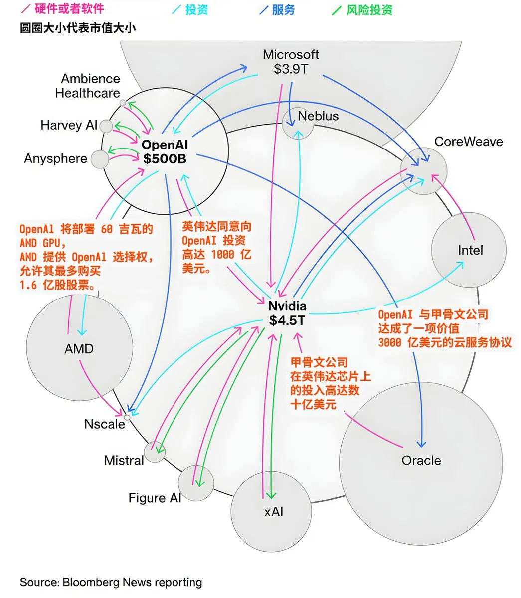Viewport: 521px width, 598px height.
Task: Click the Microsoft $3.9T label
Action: [291, 62]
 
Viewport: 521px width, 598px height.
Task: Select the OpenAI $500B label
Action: [165, 151]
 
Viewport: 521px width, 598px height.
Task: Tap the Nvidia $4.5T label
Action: [287, 313]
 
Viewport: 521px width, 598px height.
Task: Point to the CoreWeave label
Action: [468, 142]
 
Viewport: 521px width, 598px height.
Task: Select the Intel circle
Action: [469, 250]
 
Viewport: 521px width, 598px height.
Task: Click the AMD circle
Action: [79, 348]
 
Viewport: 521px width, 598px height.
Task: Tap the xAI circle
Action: [271, 512]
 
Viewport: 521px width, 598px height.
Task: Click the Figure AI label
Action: [155, 498]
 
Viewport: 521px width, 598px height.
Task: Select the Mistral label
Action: [124, 460]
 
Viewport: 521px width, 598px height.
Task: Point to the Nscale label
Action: [105, 424]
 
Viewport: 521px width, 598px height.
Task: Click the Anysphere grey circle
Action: [100, 159]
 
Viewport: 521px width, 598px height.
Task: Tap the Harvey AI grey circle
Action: [106, 126]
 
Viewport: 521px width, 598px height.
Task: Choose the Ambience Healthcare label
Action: [88, 86]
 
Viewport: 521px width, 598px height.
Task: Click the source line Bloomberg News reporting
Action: [111, 582]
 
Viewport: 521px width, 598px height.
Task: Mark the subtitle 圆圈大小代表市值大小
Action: [77, 28]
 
